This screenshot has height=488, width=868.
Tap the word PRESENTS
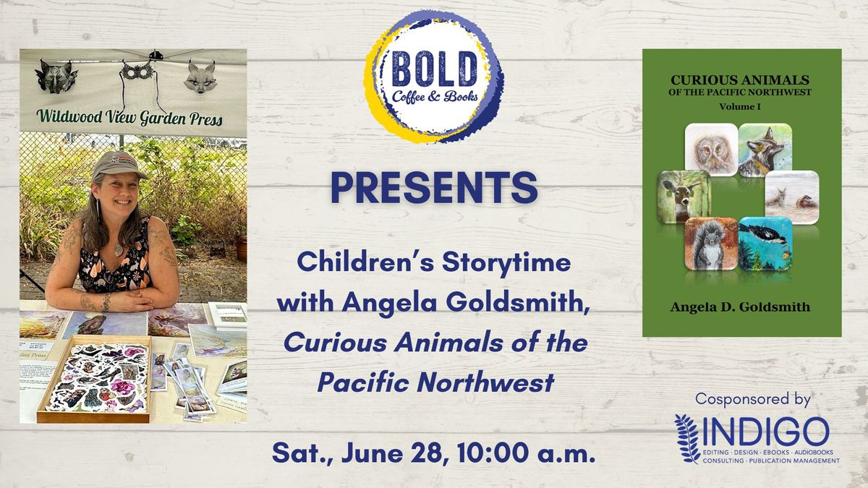point(434,187)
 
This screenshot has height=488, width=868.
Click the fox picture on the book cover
point(765,150)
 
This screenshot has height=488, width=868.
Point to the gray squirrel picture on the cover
point(711,244)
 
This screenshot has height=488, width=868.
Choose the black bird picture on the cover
point(765,244)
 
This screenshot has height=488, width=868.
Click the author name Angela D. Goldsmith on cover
point(741,307)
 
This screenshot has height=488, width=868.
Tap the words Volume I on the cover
point(741,106)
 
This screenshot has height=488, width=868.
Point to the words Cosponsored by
point(753,399)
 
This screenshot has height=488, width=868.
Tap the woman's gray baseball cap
point(117,166)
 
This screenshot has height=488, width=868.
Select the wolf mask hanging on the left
point(58,76)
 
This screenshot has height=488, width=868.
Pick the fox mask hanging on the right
point(200,76)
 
